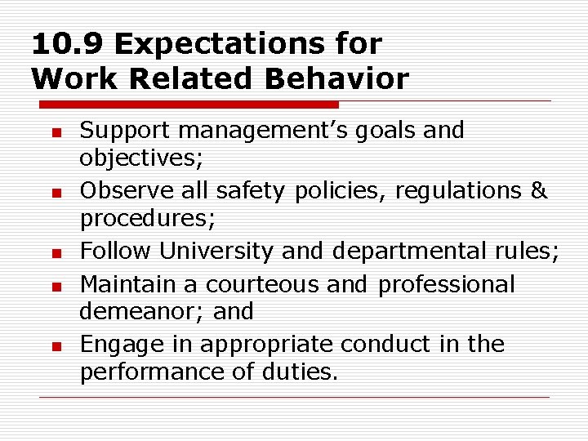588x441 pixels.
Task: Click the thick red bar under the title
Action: tap(189, 105)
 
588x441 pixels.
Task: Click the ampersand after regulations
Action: tap(538, 191)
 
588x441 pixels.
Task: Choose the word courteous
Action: tap(262, 284)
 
